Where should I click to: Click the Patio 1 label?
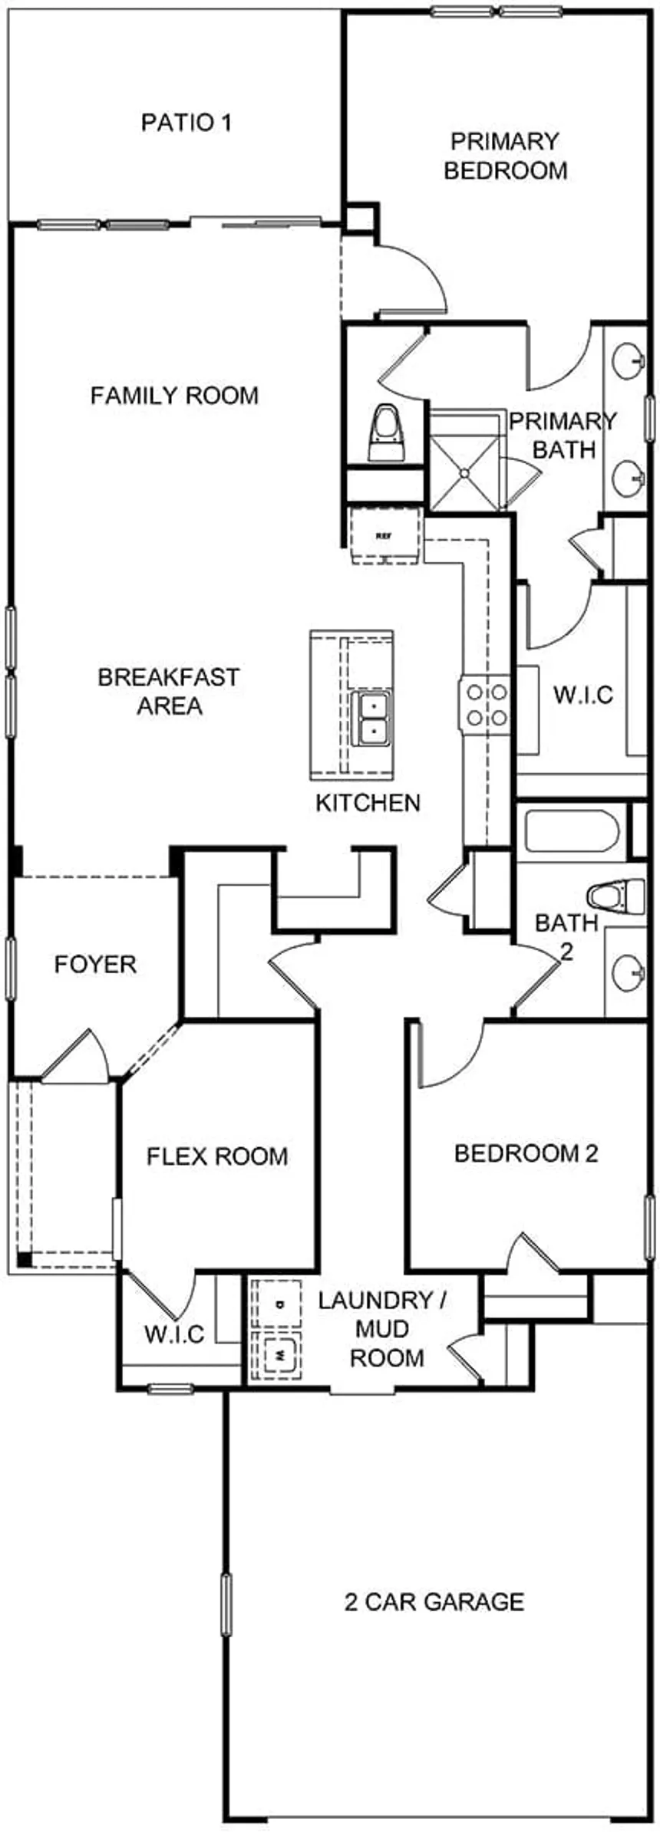186,123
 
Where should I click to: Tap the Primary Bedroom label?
505,156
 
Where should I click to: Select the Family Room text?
175,396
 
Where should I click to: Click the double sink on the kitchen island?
371,718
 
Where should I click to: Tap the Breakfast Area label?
169,691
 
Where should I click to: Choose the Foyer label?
95,964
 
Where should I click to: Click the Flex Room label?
217,1156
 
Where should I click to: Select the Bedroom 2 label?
526,1153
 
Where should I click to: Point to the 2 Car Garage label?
434,1602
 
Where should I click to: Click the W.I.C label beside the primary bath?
583,695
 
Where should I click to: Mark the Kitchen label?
368,803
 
